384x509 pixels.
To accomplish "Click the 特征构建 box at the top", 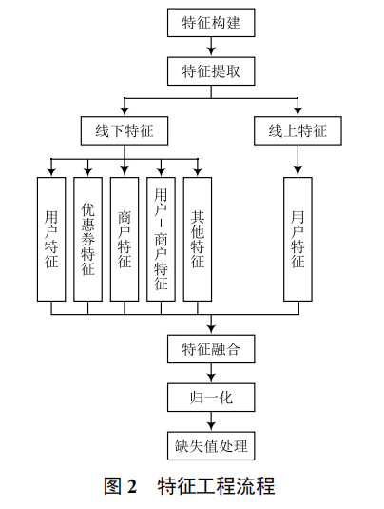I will coord(210,23).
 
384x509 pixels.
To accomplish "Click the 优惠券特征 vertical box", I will coord(87,239).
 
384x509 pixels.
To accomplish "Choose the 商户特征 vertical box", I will coord(124,239).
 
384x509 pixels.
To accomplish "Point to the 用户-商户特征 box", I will coord(161,239).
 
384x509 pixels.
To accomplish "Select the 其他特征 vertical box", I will coord(198,239).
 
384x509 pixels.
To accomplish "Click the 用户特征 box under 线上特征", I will coord(298,239).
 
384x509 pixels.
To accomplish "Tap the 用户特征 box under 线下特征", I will coord(51,239).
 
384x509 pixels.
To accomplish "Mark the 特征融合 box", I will coord(210,349).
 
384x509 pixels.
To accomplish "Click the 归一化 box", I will coord(210,398).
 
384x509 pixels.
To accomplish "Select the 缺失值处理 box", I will coord(210,445).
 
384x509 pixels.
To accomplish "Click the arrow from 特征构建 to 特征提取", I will coord(210,48).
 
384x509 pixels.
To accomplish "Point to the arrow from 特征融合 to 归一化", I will coord(210,374).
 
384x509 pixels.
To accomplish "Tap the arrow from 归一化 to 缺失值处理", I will coord(210,421).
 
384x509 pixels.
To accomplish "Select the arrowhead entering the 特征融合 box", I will coord(210,329).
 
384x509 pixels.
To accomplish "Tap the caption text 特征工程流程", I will coord(217,486).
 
